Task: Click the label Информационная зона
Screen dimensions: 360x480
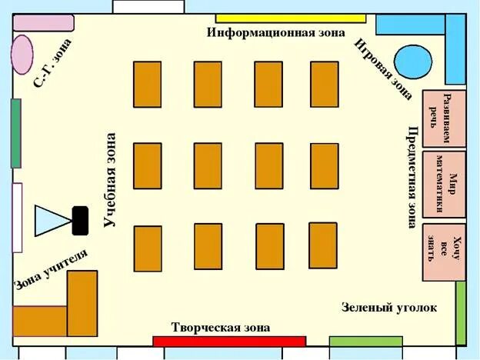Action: [272, 33]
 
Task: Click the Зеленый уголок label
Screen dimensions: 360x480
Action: [388, 308]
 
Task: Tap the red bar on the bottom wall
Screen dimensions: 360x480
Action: [228, 342]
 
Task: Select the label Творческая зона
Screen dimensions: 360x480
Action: [221, 327]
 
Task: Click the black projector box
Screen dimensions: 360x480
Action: [79, 220]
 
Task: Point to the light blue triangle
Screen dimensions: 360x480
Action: [52, 219]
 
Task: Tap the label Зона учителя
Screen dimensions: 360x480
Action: [51, 270]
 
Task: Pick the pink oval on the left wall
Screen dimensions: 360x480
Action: [22, 52]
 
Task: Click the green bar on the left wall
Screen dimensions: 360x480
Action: [15, 133]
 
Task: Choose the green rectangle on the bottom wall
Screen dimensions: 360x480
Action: [355, 342]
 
